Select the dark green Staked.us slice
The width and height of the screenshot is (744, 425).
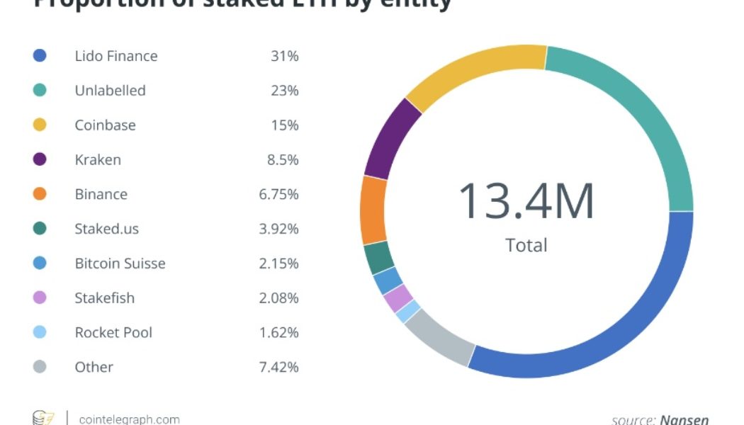379,257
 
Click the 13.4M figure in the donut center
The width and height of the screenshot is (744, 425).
526,200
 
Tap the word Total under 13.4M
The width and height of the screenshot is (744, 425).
526,245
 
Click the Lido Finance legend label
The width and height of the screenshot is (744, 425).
116,56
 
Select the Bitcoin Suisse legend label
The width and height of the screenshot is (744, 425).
120,263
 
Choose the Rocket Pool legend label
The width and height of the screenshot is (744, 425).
113,332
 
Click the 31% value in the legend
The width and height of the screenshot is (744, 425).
284,56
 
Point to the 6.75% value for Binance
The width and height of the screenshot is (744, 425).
278,194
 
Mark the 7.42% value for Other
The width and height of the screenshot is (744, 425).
278,367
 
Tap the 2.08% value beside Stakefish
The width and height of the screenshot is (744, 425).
278,298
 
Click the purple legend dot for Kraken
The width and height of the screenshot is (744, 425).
40,159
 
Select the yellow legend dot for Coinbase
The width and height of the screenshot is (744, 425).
40,125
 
